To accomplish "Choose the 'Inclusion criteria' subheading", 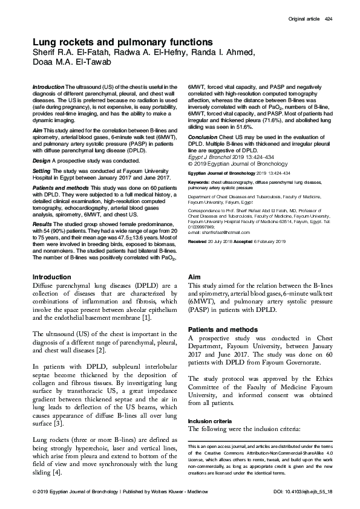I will tap(212, 420).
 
